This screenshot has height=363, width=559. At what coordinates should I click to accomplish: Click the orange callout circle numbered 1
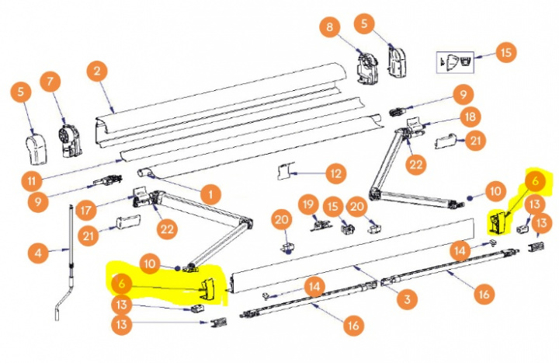click(207, 191)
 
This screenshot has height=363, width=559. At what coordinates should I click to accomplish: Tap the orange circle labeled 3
click(403, 297)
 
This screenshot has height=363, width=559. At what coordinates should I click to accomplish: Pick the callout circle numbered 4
click(36, 253)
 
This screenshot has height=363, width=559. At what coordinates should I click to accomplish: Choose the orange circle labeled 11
click(30, 180)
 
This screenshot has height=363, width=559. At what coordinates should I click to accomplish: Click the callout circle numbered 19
click(309, 205)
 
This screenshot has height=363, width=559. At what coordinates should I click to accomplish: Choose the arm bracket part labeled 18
click(416, 126)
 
